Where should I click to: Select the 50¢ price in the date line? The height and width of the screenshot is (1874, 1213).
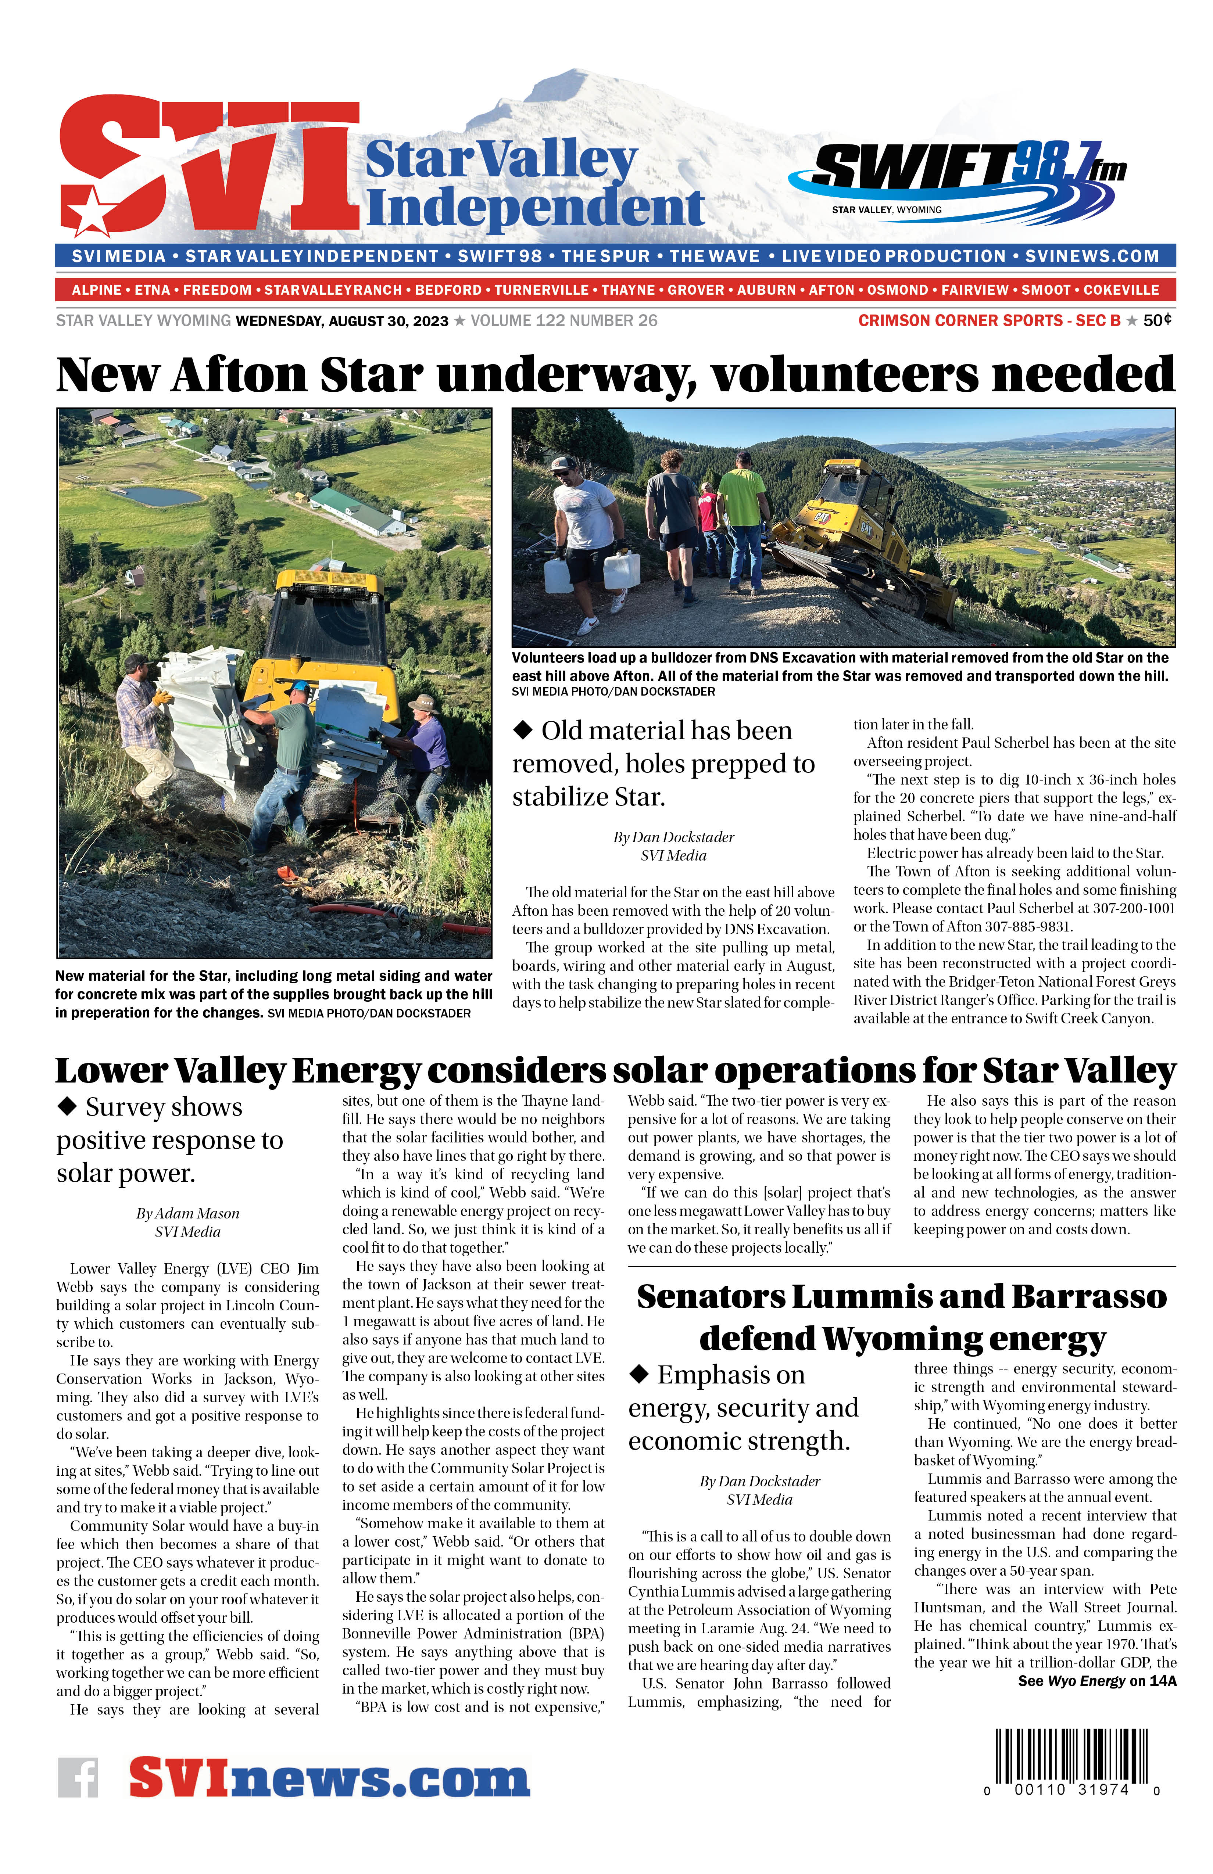pos(1157,320)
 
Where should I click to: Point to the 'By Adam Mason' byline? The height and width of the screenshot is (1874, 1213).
pos(187,1213)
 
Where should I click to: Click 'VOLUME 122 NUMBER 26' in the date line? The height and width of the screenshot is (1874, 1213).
pos(563,320)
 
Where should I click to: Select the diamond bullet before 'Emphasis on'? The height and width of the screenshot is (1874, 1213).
pos(639,1375)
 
